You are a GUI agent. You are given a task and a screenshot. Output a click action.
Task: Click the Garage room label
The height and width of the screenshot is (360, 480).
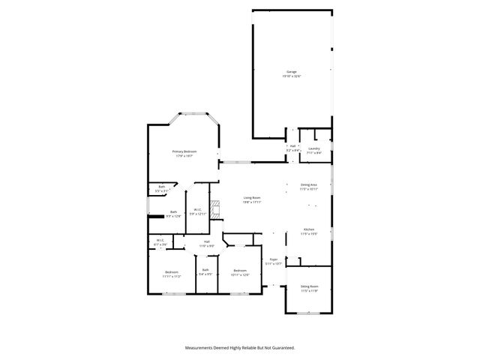coord(291,71)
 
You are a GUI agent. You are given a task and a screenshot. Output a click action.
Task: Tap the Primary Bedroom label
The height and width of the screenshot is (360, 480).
coord(184,151)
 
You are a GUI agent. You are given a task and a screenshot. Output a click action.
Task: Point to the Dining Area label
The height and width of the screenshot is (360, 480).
coord(309,184)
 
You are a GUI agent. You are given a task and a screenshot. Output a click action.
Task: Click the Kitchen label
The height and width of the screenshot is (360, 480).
coord(309,229)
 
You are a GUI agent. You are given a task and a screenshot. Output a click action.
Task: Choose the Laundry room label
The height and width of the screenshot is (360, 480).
coord(313,148)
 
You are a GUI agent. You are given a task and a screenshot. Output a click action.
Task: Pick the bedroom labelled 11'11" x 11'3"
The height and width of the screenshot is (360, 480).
coord(172,273)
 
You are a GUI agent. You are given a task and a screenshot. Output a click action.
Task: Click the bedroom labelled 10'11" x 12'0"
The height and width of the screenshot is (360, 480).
coord(240,271)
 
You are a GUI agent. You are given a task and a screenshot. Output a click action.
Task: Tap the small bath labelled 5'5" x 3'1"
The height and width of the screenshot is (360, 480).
coord(161,187)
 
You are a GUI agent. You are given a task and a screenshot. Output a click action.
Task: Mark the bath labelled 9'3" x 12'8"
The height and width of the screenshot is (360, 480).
coord(173,214)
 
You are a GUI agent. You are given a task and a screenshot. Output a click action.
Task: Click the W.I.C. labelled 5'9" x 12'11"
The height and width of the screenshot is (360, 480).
coord(196,211)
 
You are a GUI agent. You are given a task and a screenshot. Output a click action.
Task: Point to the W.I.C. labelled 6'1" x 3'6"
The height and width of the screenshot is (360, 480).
coord(160,241)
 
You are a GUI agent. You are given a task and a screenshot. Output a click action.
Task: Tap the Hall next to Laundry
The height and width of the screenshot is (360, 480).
coord(292,148)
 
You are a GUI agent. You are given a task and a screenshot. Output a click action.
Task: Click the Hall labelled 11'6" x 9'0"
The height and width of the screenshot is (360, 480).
coord(206,243)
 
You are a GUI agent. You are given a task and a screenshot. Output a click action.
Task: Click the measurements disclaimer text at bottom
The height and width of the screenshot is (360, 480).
coord(240,347)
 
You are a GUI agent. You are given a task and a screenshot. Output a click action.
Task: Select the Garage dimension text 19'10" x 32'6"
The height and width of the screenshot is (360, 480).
coord(291,76)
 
